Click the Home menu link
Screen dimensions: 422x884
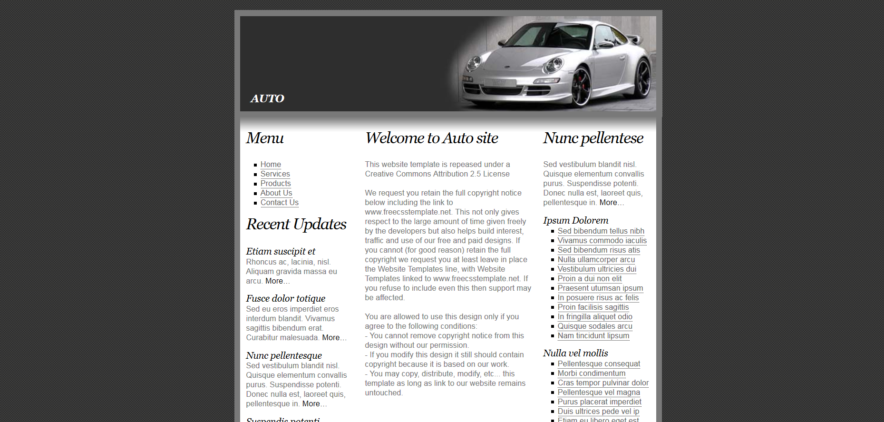(x=271, y=165)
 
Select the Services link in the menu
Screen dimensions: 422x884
(x=275, y=174)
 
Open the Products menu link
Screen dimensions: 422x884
(x=275, y=184)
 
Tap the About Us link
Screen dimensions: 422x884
(x=276, y=193)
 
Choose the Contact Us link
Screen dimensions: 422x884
(x=279, y=203)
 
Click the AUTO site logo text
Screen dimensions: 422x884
(x=267, y=98)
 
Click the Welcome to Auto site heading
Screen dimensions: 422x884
(x=431, y=138)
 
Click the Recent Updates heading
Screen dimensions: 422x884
(x=296, y=224)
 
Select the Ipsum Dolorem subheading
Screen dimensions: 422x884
(x=575, y=221)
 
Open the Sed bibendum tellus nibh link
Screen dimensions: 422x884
(x=601, y=231)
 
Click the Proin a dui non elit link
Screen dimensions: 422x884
(x=589, y=279)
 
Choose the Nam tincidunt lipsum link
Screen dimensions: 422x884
(x=593, y=336)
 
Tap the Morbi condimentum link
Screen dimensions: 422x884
(x=591, y=373)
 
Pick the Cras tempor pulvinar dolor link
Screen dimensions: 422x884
(x=602, y=383)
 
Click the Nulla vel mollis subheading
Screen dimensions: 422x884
(x=575, y=353)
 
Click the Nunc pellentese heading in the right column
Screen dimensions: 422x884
(x=593, y=138)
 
